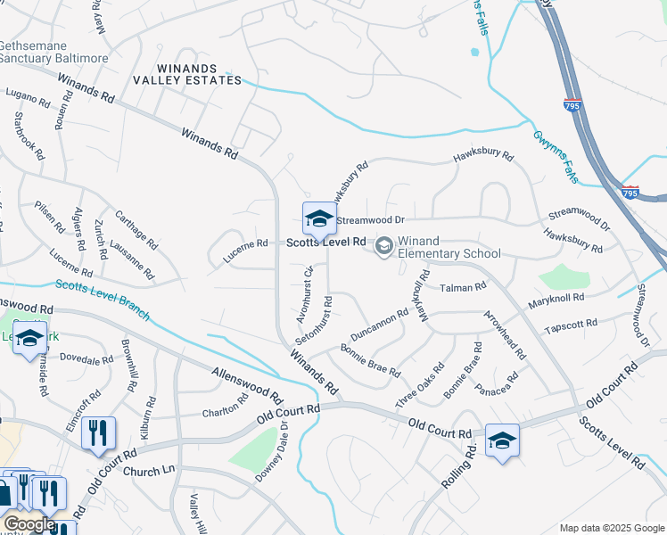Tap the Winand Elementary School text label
coord(449,247)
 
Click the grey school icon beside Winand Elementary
coord(383,246)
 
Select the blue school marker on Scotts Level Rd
coord(318,218)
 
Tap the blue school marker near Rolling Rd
coord(502,440)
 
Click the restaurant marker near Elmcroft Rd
coord(98,434)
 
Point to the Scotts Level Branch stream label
coord(102,299)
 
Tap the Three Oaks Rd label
coord(424,379)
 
